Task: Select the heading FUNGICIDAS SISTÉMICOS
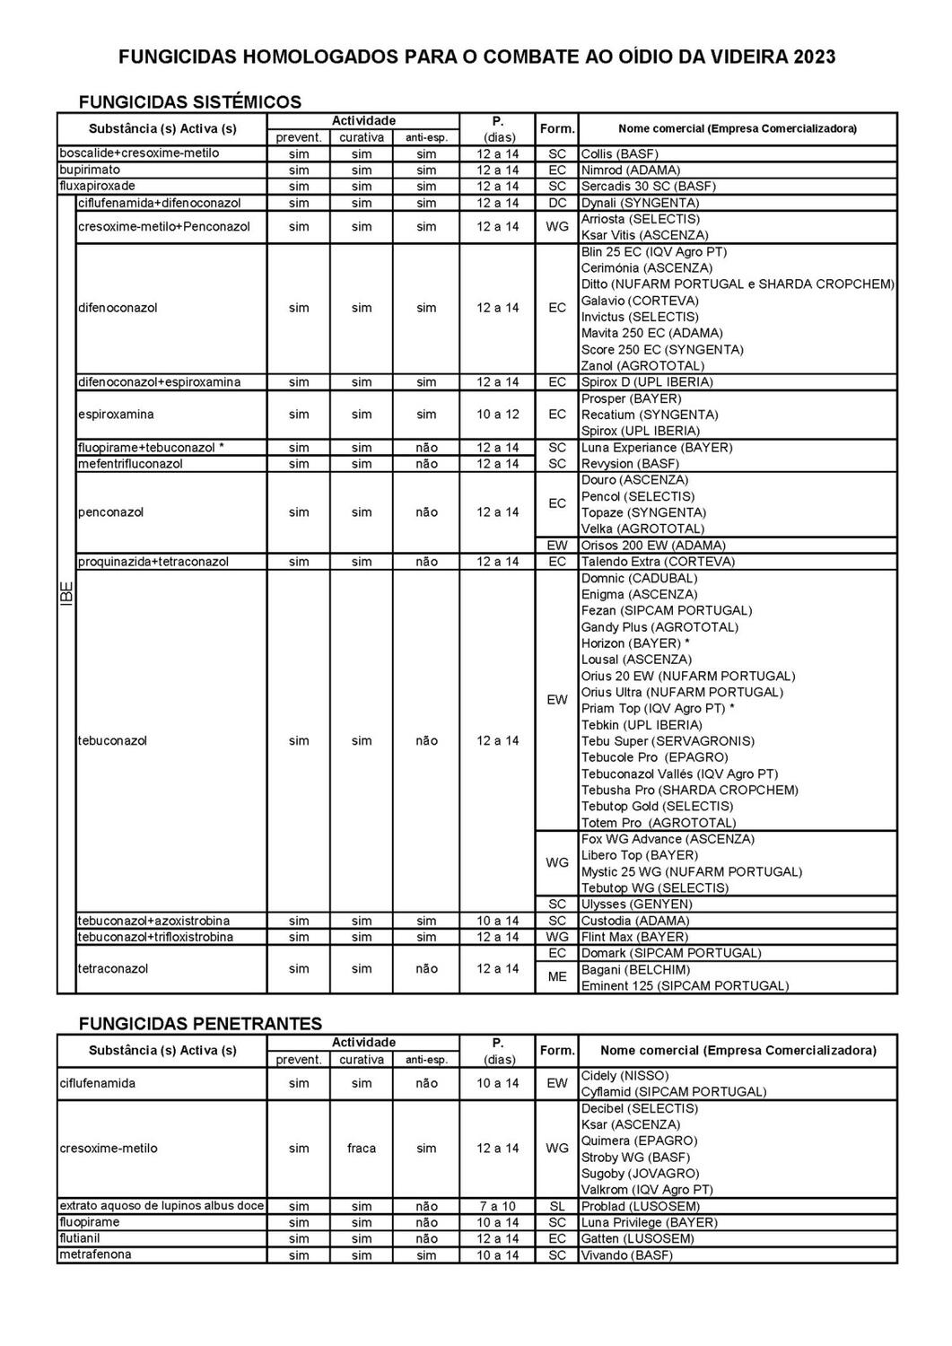(x=190, y=101)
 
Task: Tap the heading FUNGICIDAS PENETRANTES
(x=200, y=1023)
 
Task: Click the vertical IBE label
(x=66, y=594)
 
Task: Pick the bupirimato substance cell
(x=90, y=170)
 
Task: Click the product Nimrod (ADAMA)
(x=630, y=170)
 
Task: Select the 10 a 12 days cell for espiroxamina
(x=497, y=415)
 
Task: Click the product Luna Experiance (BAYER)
(x=656, y=447)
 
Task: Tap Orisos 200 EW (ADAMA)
(x=653, y=545)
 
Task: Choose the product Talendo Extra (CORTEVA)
(x=658, y=562)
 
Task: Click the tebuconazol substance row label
(x=113, y=740)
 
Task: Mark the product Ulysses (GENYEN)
(x=636, y=904)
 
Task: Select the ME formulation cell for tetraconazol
(x=557, y=977)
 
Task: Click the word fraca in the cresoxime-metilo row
(x=362, y=1149)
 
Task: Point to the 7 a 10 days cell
(x=497, y=1207)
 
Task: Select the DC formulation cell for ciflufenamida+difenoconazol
(x=557, y=203)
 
